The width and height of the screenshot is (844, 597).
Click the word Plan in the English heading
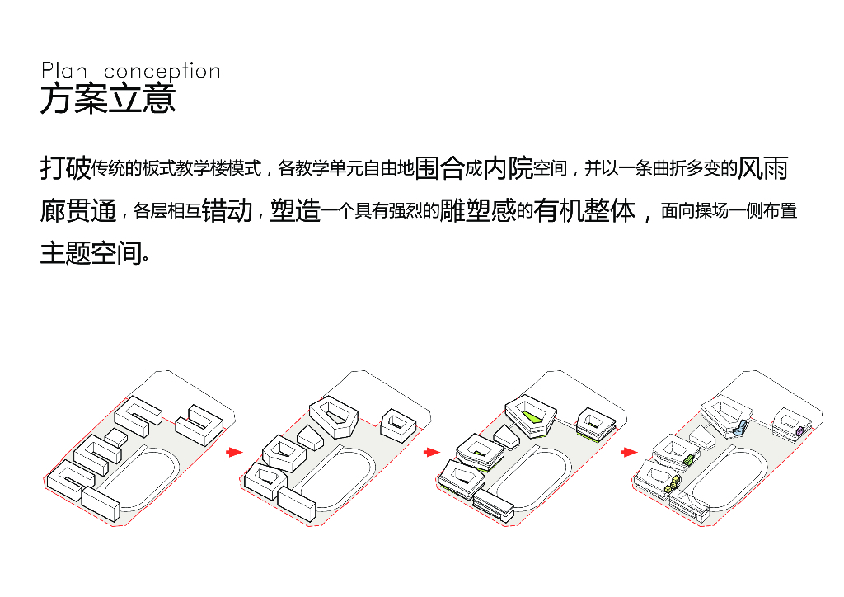point(63,71)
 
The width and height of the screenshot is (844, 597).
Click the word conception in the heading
point(162,73)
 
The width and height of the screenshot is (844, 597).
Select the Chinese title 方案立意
point(107,99)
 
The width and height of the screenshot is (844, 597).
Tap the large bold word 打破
point(65,168)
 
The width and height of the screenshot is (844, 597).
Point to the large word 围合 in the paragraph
point(439,168)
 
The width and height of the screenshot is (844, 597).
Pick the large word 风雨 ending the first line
point(763,168)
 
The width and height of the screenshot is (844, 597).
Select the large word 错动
point(227,210)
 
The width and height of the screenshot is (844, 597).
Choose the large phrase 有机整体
point(585,210)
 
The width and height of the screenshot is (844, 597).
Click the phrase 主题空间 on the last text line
point(91,252)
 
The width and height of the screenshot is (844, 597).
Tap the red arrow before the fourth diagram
point(629,452)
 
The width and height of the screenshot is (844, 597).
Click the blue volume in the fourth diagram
point(740,427)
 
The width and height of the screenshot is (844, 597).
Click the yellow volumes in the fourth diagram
point(673,484)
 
